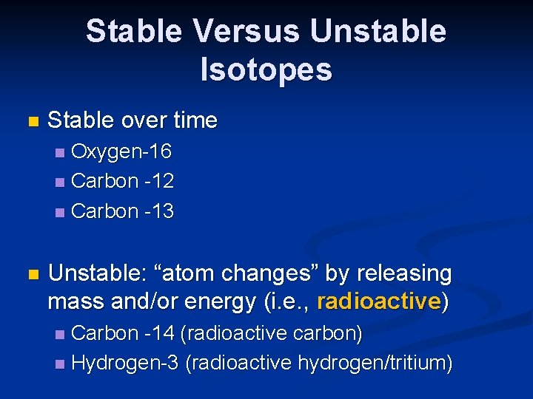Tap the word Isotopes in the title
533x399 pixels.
pyautogui.click(x=266, y=69)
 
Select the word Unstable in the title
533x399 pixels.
pyautogui.click(x=378, y=32)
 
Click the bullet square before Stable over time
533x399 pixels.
pyautogui.click(x=30, y=121)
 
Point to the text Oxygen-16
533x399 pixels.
pyautogui.click(x=121, y=152)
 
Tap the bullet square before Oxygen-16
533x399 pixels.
pyautogui.click(x=60, y=153)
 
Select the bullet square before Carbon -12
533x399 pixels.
pyautogui.click(x=60, y=182)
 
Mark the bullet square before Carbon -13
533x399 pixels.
pyautogui.click(x=60, y=212)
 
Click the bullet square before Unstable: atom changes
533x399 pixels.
pyautogui.click(x=30, y=274)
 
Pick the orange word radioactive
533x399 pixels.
pyautogui.click(x=378, y=301)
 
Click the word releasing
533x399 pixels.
pyautogui.click(x=404, y=274)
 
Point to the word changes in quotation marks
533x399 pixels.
pyautogui.click(x=277, y=273)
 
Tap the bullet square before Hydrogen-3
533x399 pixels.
pyautogui.click(x=60, y=364)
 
